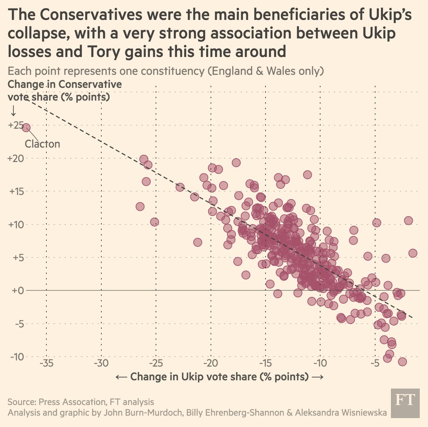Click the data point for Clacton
coord(26,128)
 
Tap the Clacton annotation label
coord(42,144)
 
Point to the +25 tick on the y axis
coord(15,125)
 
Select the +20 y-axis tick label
coord(15,158)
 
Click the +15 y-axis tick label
coord(15,191)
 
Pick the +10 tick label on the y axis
coord(15,225)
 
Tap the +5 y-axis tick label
coord(16,258)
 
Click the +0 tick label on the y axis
coord(16,291)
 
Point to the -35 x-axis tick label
coord(46,364)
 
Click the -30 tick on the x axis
coord(101,364)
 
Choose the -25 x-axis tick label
coord(156,364)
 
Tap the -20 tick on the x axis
coord(211,364)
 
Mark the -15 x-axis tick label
coord(265,364)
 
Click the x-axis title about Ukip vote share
coord(219,377)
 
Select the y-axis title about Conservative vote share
coord(65,91)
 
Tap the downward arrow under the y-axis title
coord(13,111)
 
